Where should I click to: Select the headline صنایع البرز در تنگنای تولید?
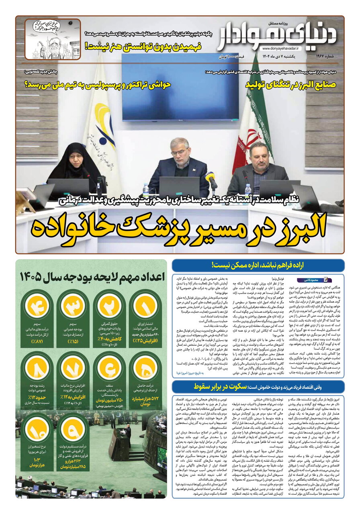(x=295, y=85)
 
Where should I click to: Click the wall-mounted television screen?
(x=180, y=87)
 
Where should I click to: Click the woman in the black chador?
(x=76, y=161)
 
